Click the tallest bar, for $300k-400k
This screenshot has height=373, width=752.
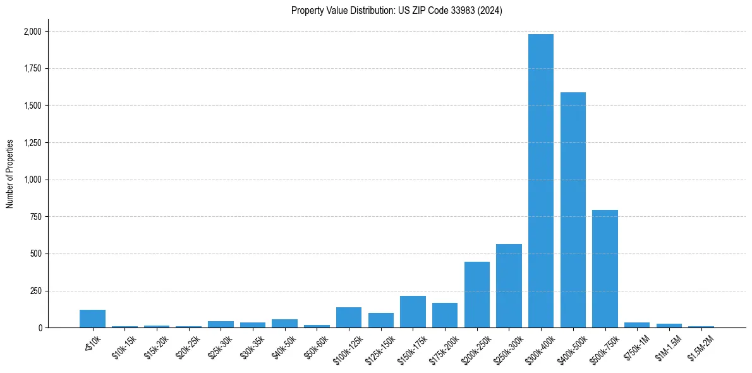pyautogui.click(x=541, y=181)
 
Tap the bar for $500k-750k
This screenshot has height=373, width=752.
pyautogui.click(x=605, y=269)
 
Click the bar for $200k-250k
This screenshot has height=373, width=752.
pyautogui.click(x=477, y=295)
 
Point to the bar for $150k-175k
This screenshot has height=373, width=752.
pyautogui.click(x=413, y=312)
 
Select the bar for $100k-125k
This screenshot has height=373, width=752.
pyautogui.click(x=349, y=317)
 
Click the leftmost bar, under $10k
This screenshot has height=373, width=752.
pyautogui.click(x=92, y=319)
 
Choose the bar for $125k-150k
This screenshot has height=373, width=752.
pyautogui.click(x=381, y=321)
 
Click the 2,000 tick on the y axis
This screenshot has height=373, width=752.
pyautogui.click(x=33, y=31)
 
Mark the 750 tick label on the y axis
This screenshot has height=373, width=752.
pyautogui.click(x=36, y=217)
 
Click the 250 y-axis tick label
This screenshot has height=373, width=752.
pyautogui.click(x=36, y=291)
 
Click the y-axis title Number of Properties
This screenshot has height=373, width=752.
pyautogui.click(x=9, y=174)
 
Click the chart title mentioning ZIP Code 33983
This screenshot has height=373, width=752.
pyautogui.click(x=397, y=11)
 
